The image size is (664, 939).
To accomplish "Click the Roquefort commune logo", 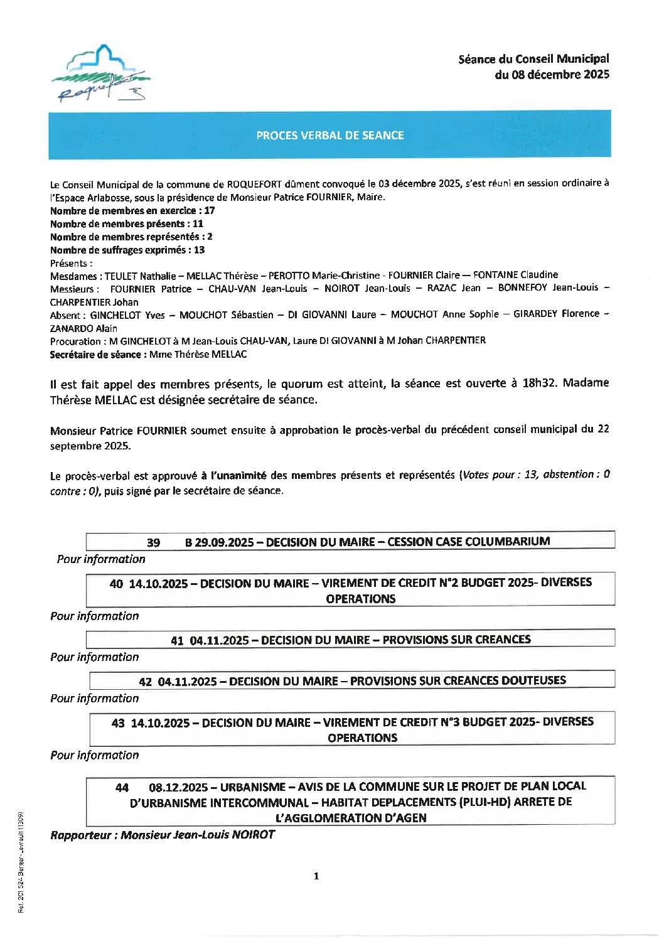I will point(100,74).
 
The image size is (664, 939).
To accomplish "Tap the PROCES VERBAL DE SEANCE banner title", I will point(329,135).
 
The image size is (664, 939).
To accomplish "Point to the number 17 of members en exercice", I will point(209,211).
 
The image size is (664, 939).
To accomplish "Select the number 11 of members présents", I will point(198,224).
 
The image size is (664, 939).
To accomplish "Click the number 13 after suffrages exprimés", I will point(199,250).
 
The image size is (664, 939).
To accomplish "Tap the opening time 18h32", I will point(539,383).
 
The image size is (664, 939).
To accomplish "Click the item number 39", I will point(153,543).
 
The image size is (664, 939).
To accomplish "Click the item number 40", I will point(116,584).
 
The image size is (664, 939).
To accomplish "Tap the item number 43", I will point(118,723).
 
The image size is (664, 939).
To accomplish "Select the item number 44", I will point(122,787).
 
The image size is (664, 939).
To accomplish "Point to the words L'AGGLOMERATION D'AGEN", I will point(351,818).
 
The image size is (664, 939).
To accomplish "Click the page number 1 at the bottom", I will point(316,876).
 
